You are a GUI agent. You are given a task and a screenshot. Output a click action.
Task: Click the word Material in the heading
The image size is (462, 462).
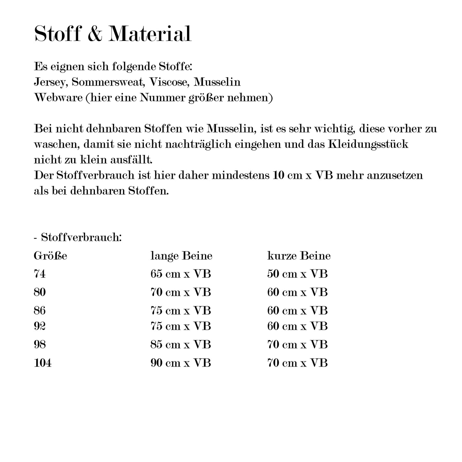click(150, 34)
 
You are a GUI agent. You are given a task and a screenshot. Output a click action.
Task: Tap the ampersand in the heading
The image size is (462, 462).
click(94, 34)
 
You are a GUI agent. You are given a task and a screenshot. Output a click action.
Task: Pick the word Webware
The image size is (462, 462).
click(58, 98)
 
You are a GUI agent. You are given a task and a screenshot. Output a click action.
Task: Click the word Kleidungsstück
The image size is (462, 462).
click(368, 144)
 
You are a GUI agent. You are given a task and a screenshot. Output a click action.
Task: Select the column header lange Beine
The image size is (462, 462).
click(181, 256)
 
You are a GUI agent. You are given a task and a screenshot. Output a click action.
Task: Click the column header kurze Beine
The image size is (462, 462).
click(299, 256)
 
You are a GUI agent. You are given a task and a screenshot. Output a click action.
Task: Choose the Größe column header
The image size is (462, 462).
click(51, 256)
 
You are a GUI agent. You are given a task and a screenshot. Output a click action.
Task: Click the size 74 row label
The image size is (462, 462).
click(40, 274)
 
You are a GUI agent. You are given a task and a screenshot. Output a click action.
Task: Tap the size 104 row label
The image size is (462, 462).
click(43, 363)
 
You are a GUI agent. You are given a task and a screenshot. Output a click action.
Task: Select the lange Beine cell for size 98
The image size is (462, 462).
click(181, 345)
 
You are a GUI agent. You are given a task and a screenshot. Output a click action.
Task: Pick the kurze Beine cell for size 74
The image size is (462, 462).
click(297, 274)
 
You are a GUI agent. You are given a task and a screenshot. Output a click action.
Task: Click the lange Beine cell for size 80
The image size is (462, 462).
click(181, 292)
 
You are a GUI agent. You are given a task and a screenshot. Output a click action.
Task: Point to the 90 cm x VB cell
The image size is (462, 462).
click(181, 363)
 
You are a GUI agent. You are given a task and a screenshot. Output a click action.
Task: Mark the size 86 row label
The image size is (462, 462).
click(40, 310)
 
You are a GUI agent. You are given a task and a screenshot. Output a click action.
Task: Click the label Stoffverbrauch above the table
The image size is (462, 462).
click(81, 238)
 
